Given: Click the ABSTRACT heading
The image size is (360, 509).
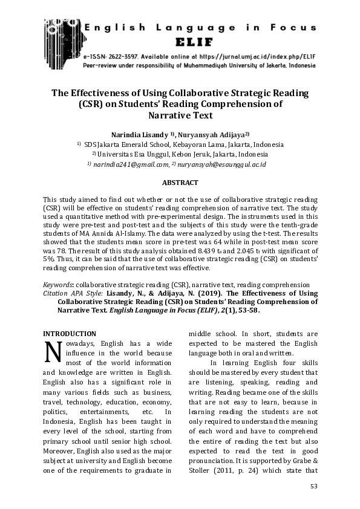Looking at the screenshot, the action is pos(180,181).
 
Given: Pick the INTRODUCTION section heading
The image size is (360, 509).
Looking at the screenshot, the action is pos(70,333).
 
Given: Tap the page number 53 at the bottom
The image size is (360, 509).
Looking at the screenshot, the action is pos(313,486).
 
